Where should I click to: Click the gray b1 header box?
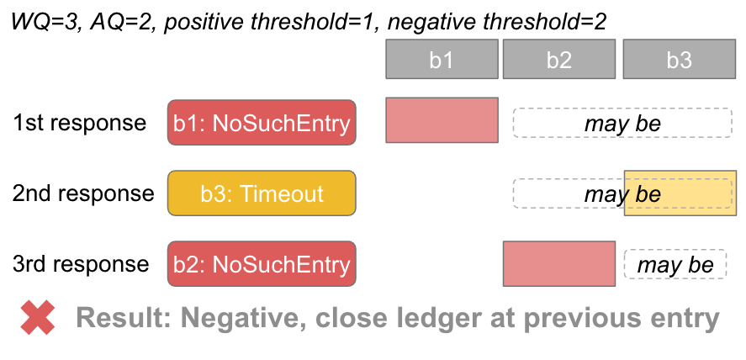(442, 60)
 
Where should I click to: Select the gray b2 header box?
(559, 60)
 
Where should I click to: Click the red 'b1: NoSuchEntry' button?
(262, 124)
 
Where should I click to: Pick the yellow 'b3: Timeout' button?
(262, 194)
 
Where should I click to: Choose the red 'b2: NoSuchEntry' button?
(262, 265)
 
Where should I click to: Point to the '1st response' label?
(79, 124)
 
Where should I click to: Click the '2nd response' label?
(83, 194)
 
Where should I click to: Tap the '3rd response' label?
(81, 265)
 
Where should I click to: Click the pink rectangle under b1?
(442, 120)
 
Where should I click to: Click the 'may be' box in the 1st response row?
(622, 124)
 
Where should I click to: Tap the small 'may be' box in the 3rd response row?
(675, 265)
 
